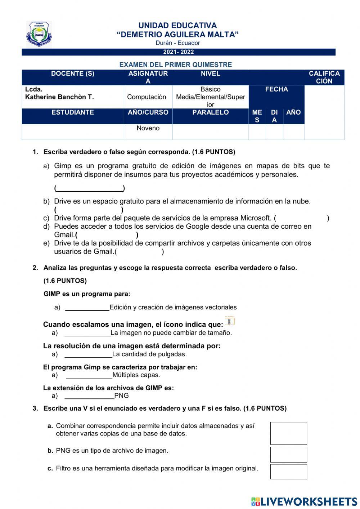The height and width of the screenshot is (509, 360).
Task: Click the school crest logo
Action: (39, 35)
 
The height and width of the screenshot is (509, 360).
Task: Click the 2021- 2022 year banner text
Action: (178, 52)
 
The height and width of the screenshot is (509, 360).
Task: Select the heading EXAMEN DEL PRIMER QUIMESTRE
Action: (175, 65)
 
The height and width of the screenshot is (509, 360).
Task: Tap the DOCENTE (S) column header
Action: (72, 74)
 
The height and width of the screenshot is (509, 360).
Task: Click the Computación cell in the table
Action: (147, 97)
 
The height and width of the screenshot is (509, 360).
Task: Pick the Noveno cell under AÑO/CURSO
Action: (148, 128)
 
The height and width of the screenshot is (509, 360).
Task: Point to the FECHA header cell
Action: (276, 89)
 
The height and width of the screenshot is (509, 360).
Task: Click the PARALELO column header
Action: (210, 112)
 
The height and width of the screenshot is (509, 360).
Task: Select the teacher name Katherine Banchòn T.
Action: (59, 97)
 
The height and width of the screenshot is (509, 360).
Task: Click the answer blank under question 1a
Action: (90, 188)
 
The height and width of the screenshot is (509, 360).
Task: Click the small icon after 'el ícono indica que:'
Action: (230, 321)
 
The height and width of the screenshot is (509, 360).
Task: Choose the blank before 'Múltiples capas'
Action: (89, 375)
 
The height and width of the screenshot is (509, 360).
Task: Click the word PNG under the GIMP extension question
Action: (121, 396)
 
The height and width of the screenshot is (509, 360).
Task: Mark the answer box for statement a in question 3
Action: (288, 433)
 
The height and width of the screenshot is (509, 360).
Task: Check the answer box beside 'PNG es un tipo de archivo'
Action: (288, 455)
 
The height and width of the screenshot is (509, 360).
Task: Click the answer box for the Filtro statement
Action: (288, 472)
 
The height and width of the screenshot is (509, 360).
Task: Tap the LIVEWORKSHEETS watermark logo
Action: (304, 501)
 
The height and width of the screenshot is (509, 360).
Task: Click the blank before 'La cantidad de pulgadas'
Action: (89, 354)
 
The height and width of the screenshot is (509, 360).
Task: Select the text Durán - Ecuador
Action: (177, 43)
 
